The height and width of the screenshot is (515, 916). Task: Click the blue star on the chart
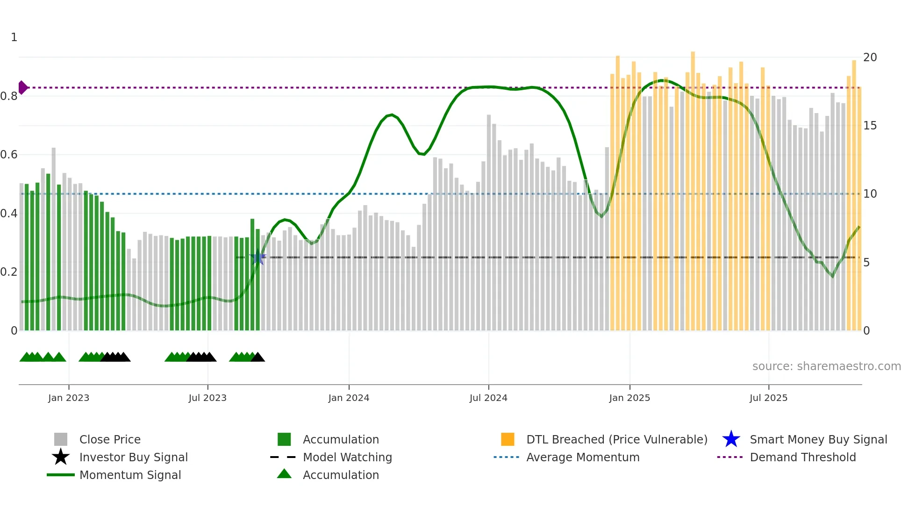pos(258,257)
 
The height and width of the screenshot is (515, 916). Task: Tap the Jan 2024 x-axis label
pos(349,398)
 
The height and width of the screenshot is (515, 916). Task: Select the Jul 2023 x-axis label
pos(208,398)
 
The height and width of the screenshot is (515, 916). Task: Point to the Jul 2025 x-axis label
pos(768,398)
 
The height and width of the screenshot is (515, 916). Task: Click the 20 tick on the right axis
pos(870,57)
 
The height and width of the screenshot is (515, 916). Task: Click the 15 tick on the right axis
pos(870,126)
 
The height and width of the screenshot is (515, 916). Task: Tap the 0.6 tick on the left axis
pos(9,155)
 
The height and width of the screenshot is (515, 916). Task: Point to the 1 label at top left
pos(14,37)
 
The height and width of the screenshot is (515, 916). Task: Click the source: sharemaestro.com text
pos(826,366)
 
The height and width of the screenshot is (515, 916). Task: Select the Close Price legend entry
pos(110,440)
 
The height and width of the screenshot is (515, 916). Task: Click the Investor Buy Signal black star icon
pos(61,457)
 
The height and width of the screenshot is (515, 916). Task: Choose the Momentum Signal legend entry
pos(130,475)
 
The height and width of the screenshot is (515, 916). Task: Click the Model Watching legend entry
pos(347,458)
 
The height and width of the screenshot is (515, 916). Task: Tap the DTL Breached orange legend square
pos(508,439)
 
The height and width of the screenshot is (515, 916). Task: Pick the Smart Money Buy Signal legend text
pos(818,440)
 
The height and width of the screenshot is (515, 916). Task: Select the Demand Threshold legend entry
pos(802,458)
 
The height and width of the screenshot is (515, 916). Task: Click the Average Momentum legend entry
pos(583,458)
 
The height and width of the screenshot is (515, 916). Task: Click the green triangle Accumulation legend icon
pos(284,474)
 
